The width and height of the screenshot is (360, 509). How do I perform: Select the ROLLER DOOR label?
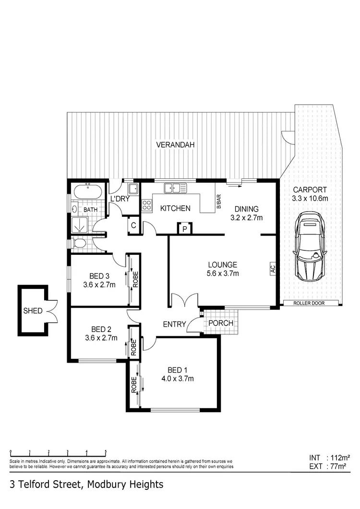[x=312, y=303]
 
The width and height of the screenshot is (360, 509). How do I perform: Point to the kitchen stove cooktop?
[x=146, y=207]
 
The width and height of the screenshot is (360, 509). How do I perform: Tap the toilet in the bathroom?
[x=80, y=244]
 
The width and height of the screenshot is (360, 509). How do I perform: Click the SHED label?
[x=32, y=311]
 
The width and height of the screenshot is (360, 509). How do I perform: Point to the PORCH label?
[x=221, y=323]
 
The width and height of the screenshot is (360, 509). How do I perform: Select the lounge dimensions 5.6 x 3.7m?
[x=223, y=273]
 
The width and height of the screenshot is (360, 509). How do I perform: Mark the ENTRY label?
[x=174, y=324]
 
